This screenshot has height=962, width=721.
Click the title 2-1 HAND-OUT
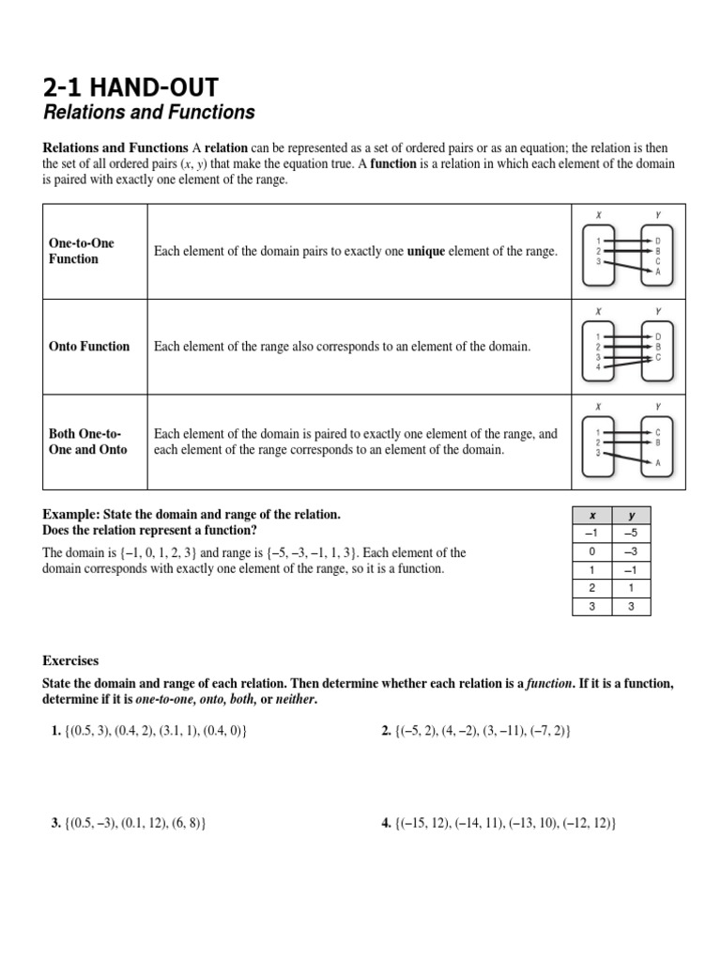click(x=130, y=88)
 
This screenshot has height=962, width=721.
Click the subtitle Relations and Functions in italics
click(x=149, y=113)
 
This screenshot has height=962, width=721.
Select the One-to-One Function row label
click(x=82, y=251)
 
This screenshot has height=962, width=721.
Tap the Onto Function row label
click(x=89, y=347)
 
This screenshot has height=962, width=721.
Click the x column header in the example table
click(x=591, y=516)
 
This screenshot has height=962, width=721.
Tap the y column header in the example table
click(x=631, y=516)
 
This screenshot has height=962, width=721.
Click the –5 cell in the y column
click(x=631, y=534)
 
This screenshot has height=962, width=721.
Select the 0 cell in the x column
click(x=591, y=551)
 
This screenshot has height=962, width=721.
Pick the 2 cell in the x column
click(x=591, y=587)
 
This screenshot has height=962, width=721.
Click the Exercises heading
click(x=70, y=660)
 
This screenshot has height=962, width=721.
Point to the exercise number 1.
click(x=55, y=730)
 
